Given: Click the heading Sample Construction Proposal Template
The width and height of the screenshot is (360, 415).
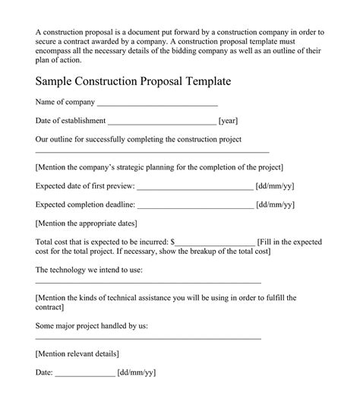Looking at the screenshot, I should [x=134, y=81].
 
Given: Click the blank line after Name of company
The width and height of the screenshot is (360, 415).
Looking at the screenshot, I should [x=158, y=104].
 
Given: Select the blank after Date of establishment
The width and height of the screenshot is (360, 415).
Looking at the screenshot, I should [x=162, y=122].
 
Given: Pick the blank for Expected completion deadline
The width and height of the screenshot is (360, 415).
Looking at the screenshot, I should [x=195, y=206].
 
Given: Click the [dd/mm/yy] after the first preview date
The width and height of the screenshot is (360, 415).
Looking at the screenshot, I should [x=275, y=185].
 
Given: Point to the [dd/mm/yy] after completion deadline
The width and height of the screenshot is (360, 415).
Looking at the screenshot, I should [x=275, y=204].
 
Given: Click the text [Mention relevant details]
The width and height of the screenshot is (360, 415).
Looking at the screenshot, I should [x=77, y=353].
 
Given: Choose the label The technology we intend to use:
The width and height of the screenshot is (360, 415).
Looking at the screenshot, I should [x=89, y=270].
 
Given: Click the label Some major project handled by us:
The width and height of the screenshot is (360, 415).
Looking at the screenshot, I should [x=92, y=325].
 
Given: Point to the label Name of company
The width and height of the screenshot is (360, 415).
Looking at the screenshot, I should [x=65, y=102].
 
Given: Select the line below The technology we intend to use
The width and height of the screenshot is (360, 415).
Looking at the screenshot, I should [x=148, y=282].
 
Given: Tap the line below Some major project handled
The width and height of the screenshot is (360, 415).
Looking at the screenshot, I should [x=148, y=337].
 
